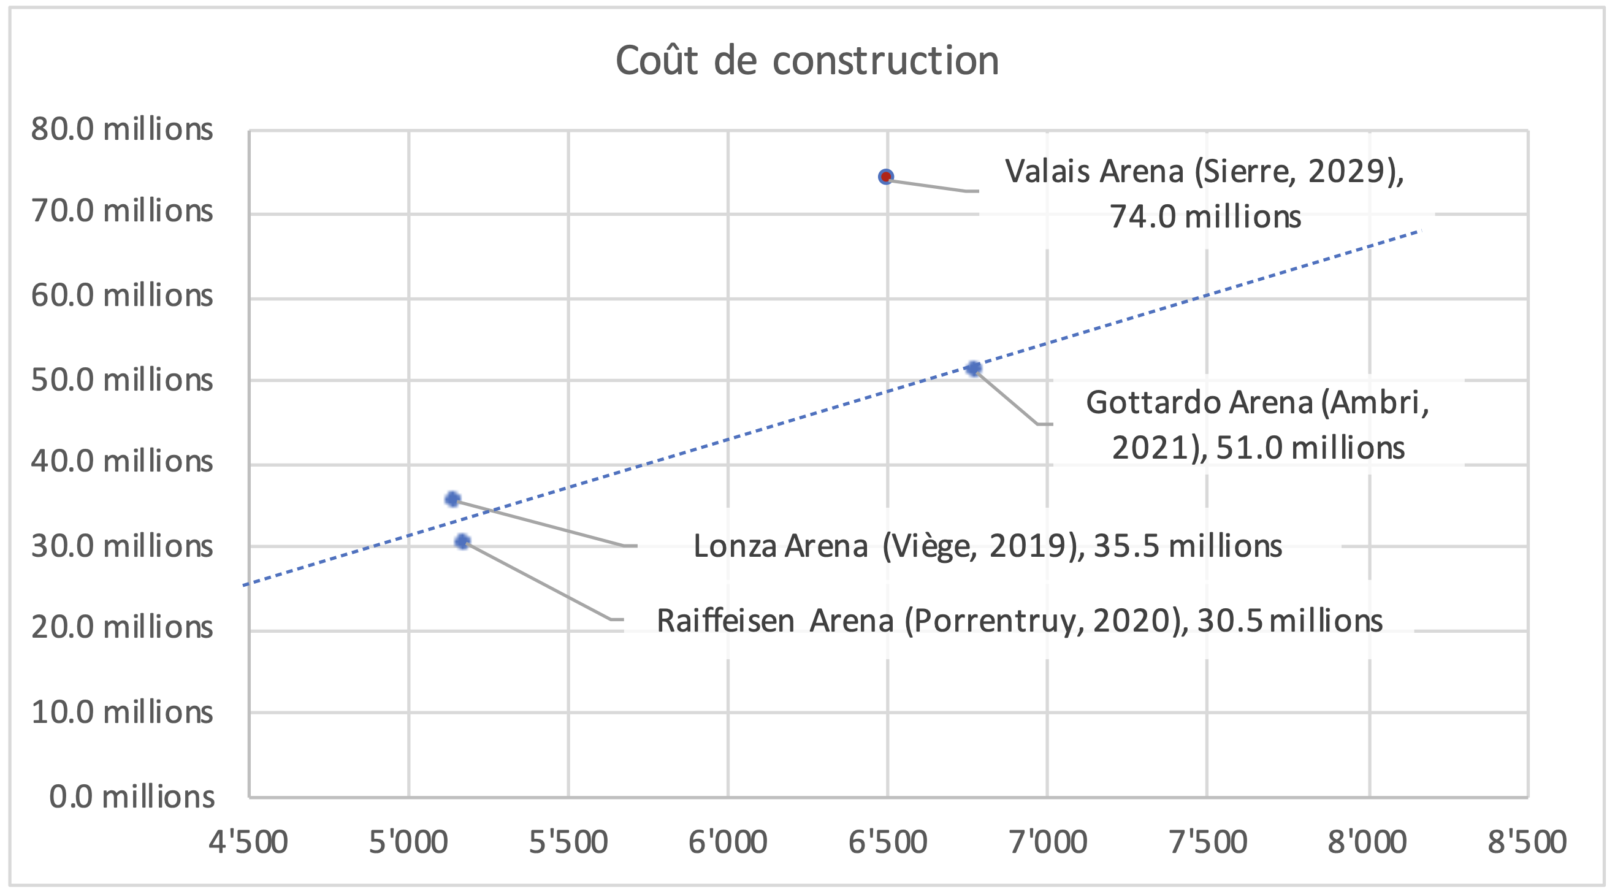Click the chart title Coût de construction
pyautogui.click(x=806, y=61)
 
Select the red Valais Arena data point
pyautogui.click(x=885, y=177)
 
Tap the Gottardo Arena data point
pyautogui.click(x=973, y=369)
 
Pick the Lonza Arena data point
pyautogui.click(x=452, y=500)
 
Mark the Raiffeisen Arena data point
pyautogui.click(x=462, y=541)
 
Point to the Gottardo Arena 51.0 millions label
pyautogui.click(x=1257, y=425)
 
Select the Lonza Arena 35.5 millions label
pyautogui.click(x=987, y=546)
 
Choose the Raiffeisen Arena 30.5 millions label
pyautogui.click(x=1019, y=621)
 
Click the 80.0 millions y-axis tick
pyautogui.click(x=121, y=130)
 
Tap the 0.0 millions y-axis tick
pyautogui.click(x=132, y=797)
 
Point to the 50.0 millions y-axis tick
pyautogui.click(x=121, y=380)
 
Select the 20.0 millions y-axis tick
pyautogui.click(x=121, y=627)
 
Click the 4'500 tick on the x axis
pyautogui.click(x=248, y=841)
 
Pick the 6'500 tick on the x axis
pyautogui.click(x=887, y=841)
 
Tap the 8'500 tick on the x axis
pyautogui.click(x=1527, y=841)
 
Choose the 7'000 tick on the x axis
pyautogui.click(x=1048, y=841)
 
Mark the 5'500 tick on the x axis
pyautogui.click(x=568, y=841)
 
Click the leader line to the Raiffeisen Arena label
pyautogui.click(x=539, y=581)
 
